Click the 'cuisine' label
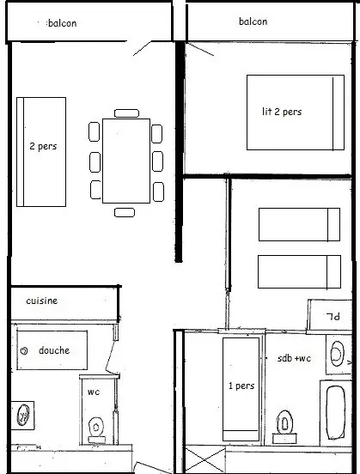coord(42,301)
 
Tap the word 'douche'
coord(54,350)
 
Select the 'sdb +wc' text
coord(294,358)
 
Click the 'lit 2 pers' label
coord(282,112)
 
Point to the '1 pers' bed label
coord(241,386)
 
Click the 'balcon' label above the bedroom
coord(253,21)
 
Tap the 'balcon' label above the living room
coord(63,23)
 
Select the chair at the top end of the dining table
coord(127,113)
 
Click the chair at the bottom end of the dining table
coord(125,212)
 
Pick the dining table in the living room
coord(126,161)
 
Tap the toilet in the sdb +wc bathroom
coord(284,427)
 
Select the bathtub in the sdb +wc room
coord(335,412)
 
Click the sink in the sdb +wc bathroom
coord(337,354)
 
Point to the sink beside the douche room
coord(23,415)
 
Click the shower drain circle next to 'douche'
coord(23,351)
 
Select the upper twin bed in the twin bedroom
coord(299,224)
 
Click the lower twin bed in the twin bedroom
coord(299,271)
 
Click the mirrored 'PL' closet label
coord(333,317)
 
